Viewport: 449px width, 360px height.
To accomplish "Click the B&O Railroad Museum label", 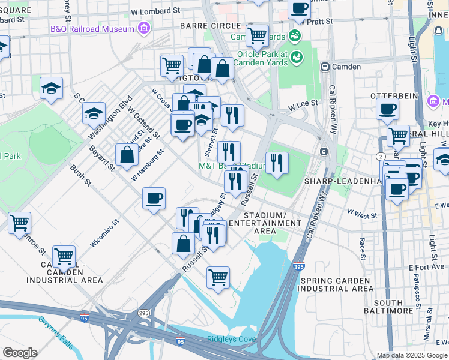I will click(92, 29).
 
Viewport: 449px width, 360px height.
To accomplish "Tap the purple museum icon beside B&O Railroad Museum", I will click(143, 28).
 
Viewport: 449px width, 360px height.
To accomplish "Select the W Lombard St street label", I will click(155, 11).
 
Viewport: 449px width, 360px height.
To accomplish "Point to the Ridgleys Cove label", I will click(231, 339).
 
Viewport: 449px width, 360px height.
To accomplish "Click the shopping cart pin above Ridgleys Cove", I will click(218, 277).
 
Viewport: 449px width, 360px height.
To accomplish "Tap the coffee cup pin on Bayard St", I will click(154, 198).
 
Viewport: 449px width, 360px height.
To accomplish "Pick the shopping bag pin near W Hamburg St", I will click(128, 155).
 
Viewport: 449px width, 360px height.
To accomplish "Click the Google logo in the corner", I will click(20, 353).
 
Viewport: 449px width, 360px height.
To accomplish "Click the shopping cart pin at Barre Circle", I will click(257, 35).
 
